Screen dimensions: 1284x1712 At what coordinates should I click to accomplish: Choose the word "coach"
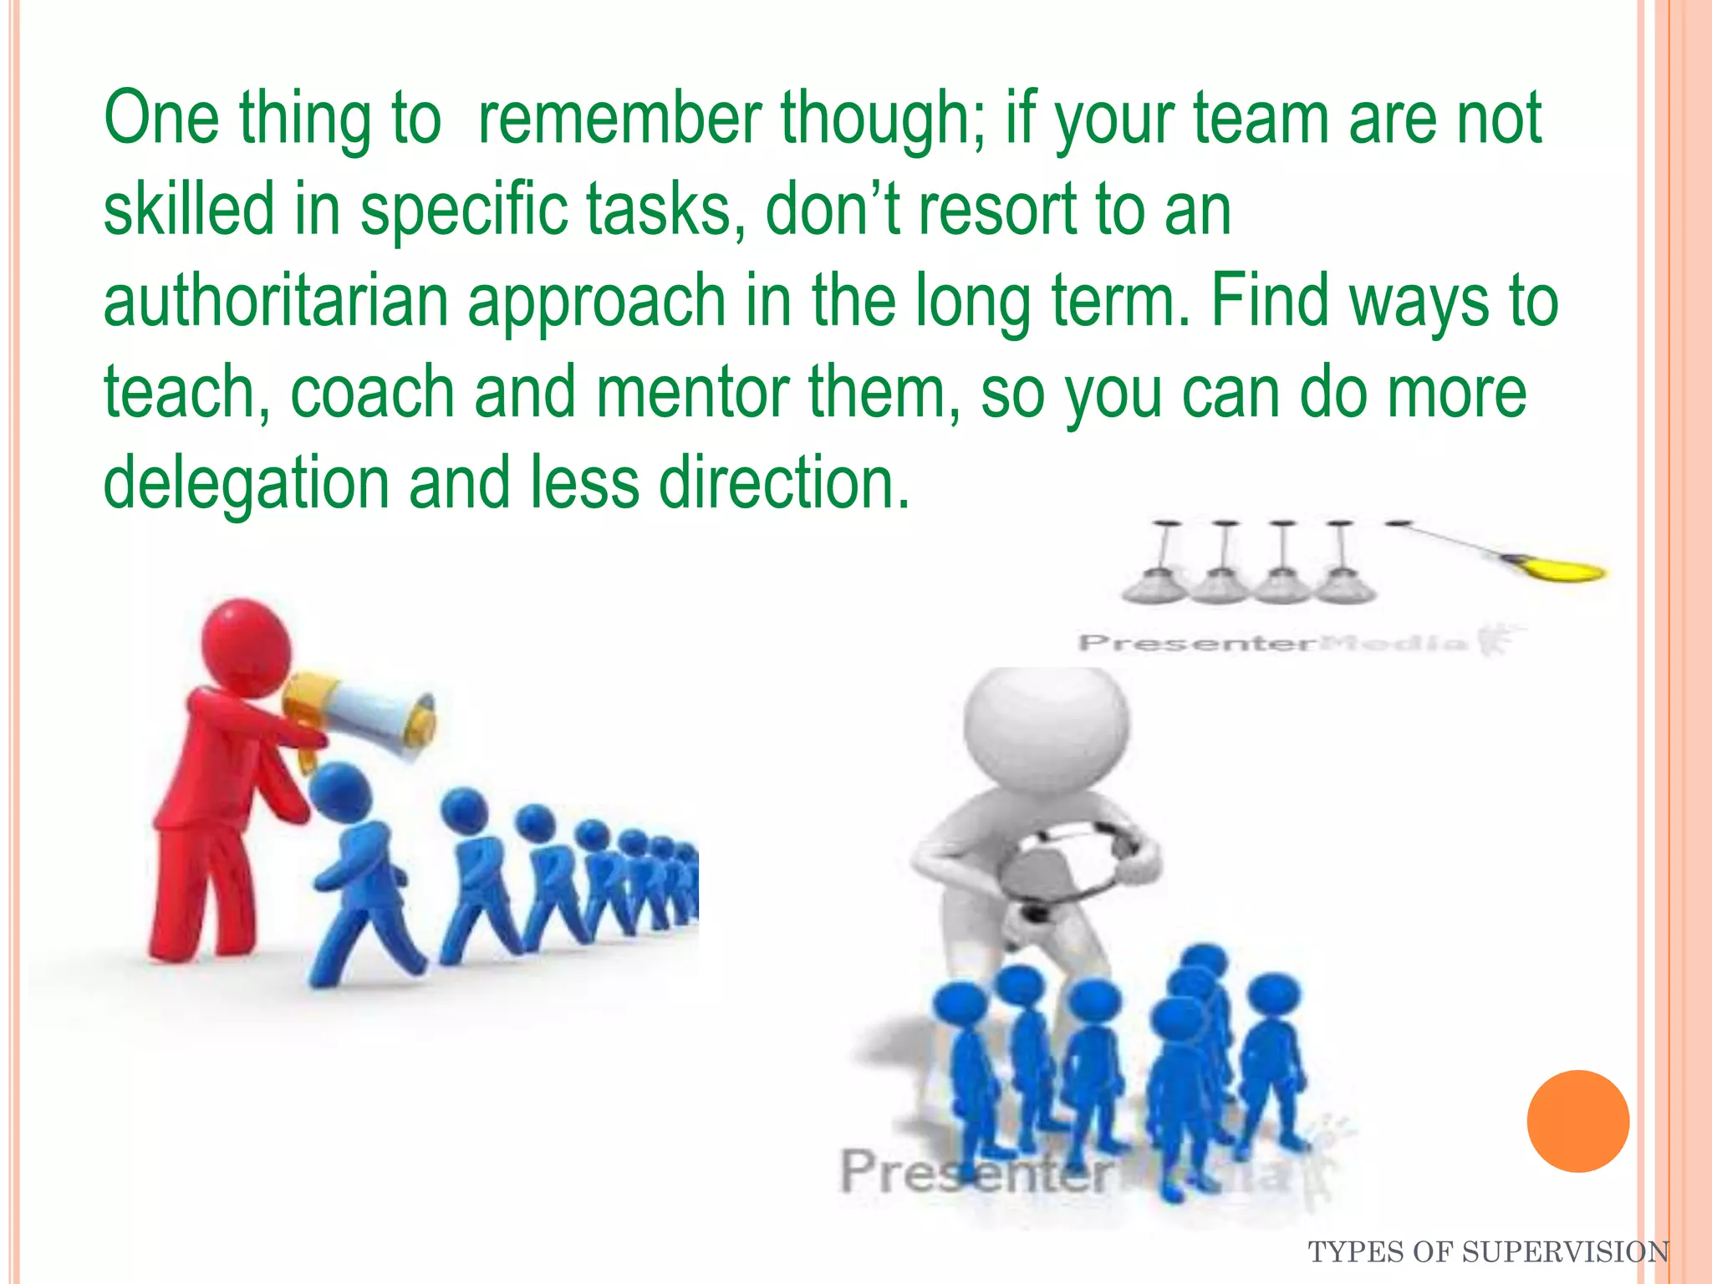[x=372, y=392]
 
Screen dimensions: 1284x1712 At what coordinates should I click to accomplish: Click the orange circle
[x=1577, y=1121]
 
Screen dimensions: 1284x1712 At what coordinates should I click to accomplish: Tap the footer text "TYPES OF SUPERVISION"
[x=1488, y=1252]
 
